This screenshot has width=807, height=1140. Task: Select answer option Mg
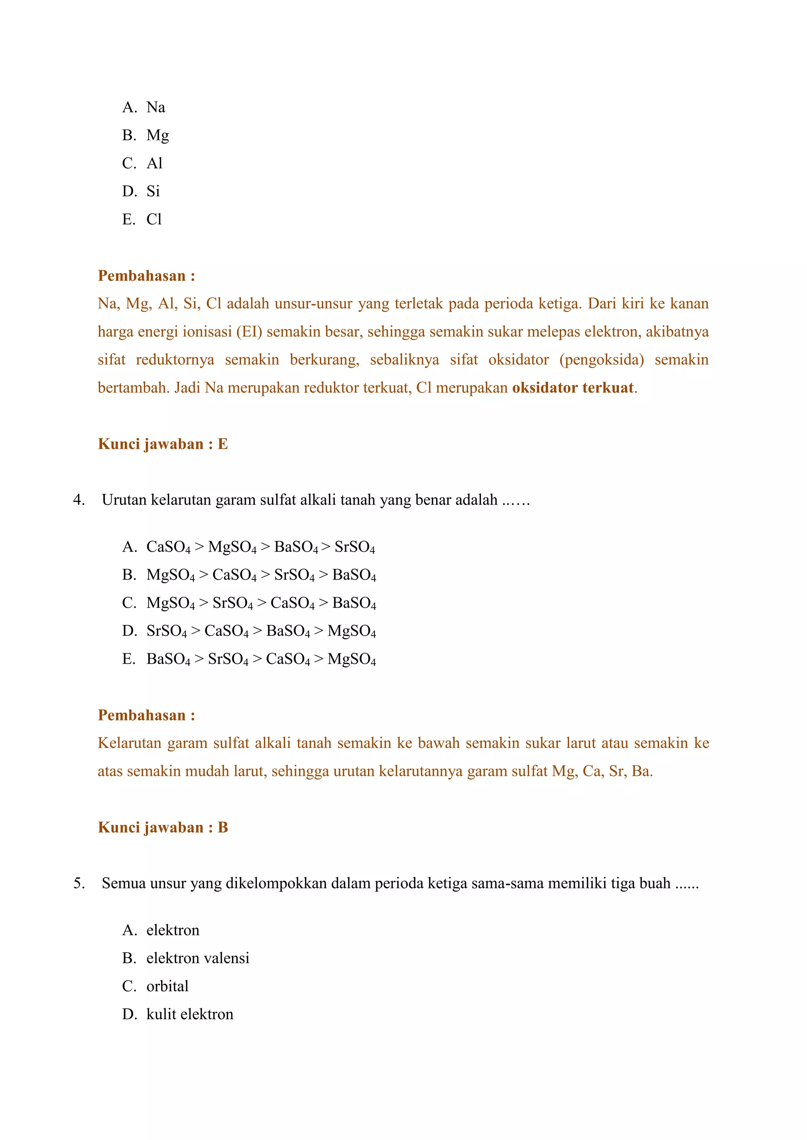pyautogui.click(x=157, y=135)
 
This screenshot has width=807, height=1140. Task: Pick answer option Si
pyautogui.click(x=152, y=191)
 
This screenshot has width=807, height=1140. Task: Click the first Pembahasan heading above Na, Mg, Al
pyautogui.click(x=146, y=276)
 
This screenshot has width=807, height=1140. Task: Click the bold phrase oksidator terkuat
pyautogui.click(x=573, y=388)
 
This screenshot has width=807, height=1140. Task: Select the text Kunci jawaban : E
pyautogui.click(x=162, y=444)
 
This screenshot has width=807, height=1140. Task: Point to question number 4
pyautogui.click(x=78, y=500)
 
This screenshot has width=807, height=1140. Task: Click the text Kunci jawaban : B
pyautogui.click(x=162, y=827)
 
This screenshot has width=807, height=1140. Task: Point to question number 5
pyautogui.click(x=78, y=883)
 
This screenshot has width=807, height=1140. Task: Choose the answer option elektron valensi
pyautogui.click(x=197, y=958)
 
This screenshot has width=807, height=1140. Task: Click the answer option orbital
pyautogui.click(x=167, y=986)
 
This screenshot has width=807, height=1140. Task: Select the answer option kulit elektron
pyautogui.click(x=189, y=1014)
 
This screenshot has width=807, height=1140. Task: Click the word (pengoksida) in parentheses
pyautogui.click(x=601, y=360)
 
